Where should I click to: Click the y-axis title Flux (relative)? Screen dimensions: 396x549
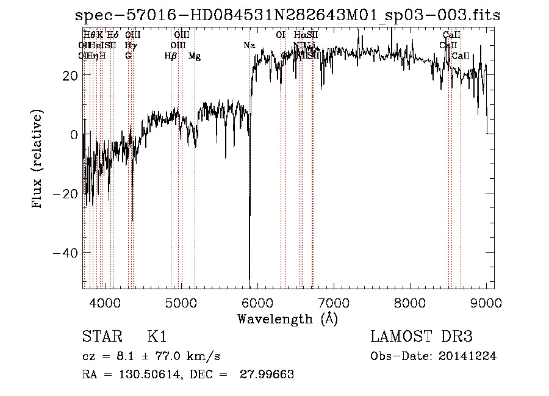point(38,159)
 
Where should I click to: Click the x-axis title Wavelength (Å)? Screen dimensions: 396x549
point(287,319)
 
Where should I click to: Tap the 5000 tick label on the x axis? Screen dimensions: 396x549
point(181,302)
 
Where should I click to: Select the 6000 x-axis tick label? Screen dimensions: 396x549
point(257,302)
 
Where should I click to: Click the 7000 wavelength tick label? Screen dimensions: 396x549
point(333,302)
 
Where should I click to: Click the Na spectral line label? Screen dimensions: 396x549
point(249,45)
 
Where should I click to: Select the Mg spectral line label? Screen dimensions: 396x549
point(195,56)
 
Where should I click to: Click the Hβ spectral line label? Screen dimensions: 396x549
point(171,56)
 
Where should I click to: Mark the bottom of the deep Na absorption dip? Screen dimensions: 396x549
point(249,278)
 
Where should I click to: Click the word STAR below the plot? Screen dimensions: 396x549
point(100,337)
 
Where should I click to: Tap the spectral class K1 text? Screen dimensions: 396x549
point(157,337)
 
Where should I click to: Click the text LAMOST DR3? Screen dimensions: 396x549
point(422,337)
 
